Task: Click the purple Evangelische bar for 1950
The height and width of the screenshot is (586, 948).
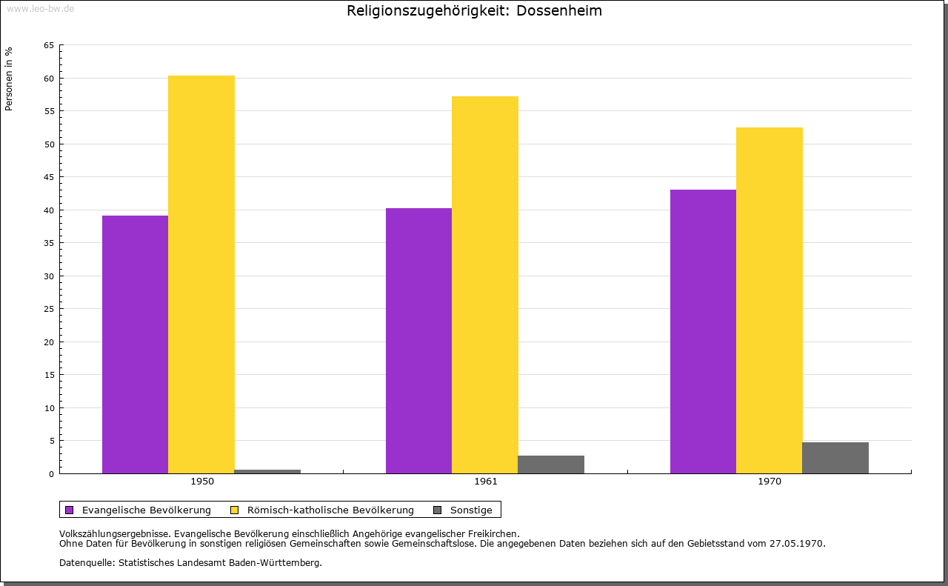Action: pyautogui.click(x=135, y=344)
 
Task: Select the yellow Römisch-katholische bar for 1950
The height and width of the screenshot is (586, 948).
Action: pyautogui.click(x=201, y=274)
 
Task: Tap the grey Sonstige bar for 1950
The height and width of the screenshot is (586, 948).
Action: pyautogui.click(x=267, y=471)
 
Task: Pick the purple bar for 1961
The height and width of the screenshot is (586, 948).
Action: pyautogui.click(x=418, y=341)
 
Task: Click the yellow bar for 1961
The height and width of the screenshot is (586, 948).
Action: pyautogui.click(x=485, y=284)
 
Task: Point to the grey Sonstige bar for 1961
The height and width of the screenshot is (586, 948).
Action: pyautogui.click(x=551, y=465)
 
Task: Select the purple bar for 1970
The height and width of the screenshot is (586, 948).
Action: pyautogui.click(x=703, y=331)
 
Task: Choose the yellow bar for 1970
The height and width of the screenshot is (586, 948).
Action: pyautogui.click(x=769, y=300)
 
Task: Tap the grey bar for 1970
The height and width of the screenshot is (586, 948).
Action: pyautogui.click(x=835, y=458)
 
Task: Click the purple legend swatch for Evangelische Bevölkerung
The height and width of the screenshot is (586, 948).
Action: pyautogui.click(x=70, y=510)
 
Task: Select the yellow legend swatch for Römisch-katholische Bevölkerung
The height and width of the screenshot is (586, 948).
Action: pyautogui.click(x=235, y=510)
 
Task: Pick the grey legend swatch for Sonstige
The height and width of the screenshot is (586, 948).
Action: pyautogui.click(x=437, y=510)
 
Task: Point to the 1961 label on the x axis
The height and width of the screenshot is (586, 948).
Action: pyautogui.click(x=486, y=482)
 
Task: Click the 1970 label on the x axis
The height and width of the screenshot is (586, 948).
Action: pyautogui.click(x=770, y=482)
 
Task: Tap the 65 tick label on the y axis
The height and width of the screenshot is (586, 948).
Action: pyautogui.click(x=49, y=45)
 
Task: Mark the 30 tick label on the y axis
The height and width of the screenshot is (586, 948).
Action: pyautogui.click(x=49, y=276)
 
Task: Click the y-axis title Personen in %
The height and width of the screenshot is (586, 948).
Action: pyautogui.click(x=9, y=79)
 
